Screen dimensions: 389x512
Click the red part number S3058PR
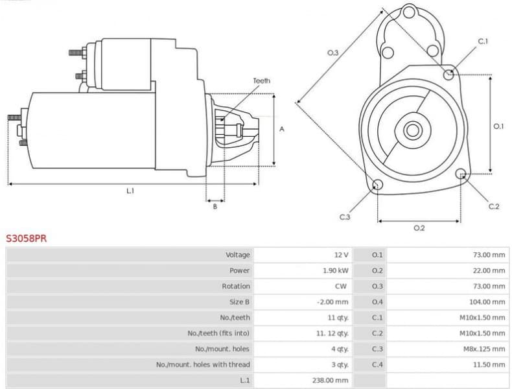coord(27,239)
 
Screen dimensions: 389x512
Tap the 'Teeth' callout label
coord(261,81)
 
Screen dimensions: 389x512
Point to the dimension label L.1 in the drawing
coord(130,191)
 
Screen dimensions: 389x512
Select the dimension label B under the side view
coord(215,207)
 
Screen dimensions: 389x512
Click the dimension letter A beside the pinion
coord(282,129)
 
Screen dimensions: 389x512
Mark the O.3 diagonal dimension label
coord(332,53)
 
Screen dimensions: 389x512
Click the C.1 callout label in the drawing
coord(483,41)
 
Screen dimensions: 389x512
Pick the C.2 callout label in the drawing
coord(494,206)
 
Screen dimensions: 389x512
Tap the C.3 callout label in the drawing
coord(345,217)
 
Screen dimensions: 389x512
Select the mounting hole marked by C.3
coord(377,187)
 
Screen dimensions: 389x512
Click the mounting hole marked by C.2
coord(461,174)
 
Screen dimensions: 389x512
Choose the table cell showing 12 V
coord(341,255)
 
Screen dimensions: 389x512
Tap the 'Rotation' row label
coord(236,286)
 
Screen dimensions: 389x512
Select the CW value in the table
coord(342,286)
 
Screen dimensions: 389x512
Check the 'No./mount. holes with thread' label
coord(203,364)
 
